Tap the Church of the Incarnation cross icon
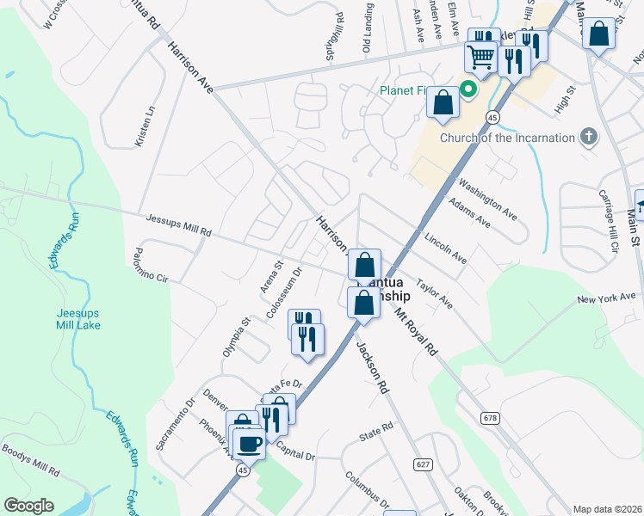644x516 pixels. tap(589, 137)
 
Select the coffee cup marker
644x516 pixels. tap(250, 444)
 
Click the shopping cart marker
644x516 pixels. tap(481, 57)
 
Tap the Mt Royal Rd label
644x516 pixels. tap(417, 333)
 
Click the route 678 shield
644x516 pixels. tap(491, 418)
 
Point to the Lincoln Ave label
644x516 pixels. tap(445, 248)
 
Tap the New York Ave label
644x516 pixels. tap(606, 298)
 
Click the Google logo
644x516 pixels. tap(29, 505)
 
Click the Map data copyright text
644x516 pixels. tap(607, 509)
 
